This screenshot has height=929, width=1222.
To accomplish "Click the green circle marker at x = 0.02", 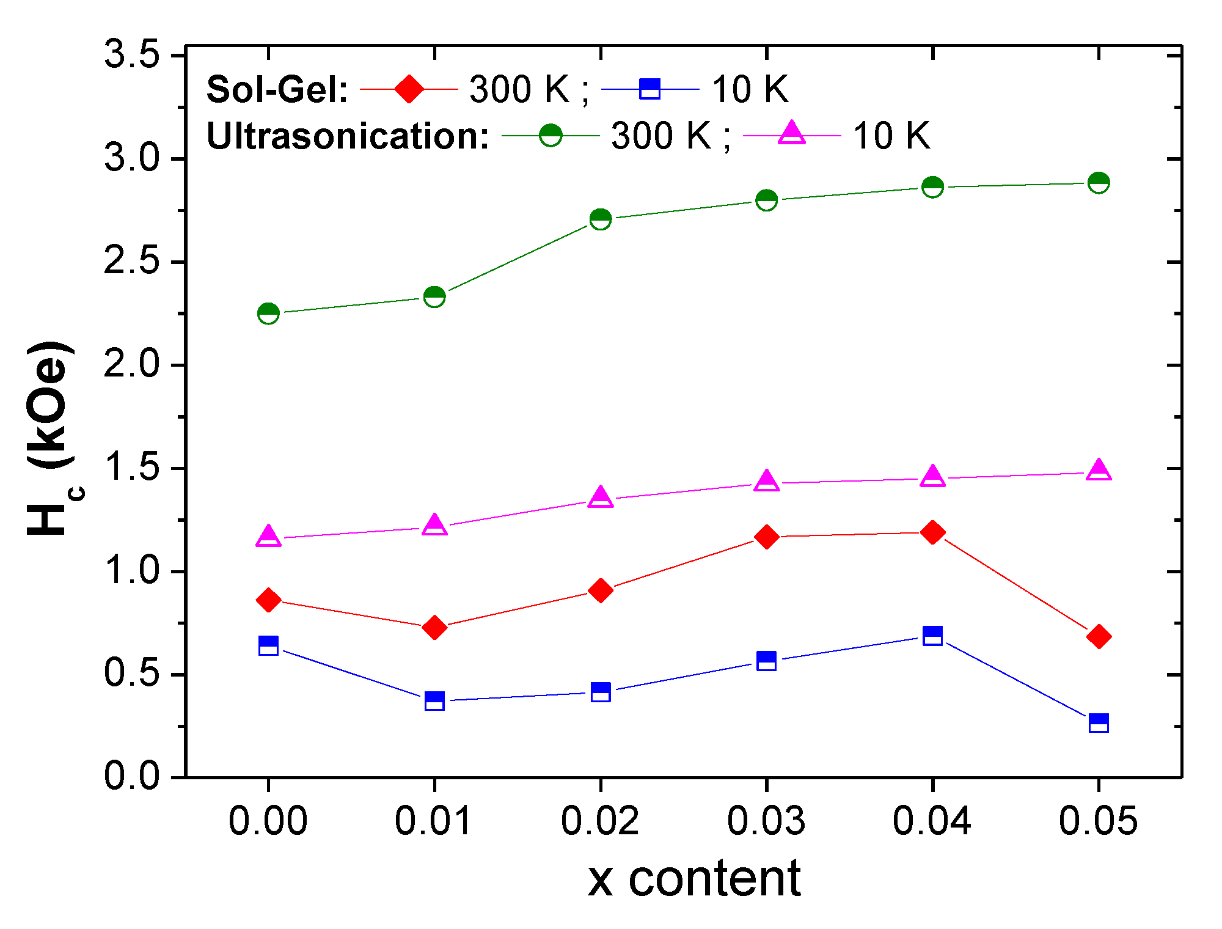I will point(601,219).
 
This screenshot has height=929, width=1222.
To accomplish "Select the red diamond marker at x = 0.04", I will point(932,532).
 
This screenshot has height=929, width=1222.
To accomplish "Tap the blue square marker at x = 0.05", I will point(1099,723).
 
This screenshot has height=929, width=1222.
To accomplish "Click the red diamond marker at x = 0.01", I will point(434,627).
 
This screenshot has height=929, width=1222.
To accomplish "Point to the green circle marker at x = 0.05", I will point(1099,183).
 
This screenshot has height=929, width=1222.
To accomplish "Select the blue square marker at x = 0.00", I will point(268,645).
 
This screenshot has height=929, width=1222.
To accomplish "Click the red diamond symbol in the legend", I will point(409,89).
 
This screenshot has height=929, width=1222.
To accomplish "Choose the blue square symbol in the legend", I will point(649,89).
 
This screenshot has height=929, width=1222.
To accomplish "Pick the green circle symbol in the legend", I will point(551,135).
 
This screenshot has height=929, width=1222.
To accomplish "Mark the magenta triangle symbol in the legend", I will point(791,133).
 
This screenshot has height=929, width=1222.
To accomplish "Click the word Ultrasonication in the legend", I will point(347,136).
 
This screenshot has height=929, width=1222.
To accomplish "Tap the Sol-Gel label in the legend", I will point(277,90).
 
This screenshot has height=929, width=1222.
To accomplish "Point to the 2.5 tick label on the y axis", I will point(131,262).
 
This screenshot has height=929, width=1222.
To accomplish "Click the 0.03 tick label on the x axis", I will point(766,820).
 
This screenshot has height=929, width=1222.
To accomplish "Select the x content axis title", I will point(693,879).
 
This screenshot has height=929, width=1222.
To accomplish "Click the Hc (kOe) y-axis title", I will point(52,438).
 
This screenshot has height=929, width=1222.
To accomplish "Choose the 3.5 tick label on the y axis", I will point(131,55).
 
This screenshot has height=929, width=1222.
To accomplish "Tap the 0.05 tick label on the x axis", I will point(1098,820).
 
